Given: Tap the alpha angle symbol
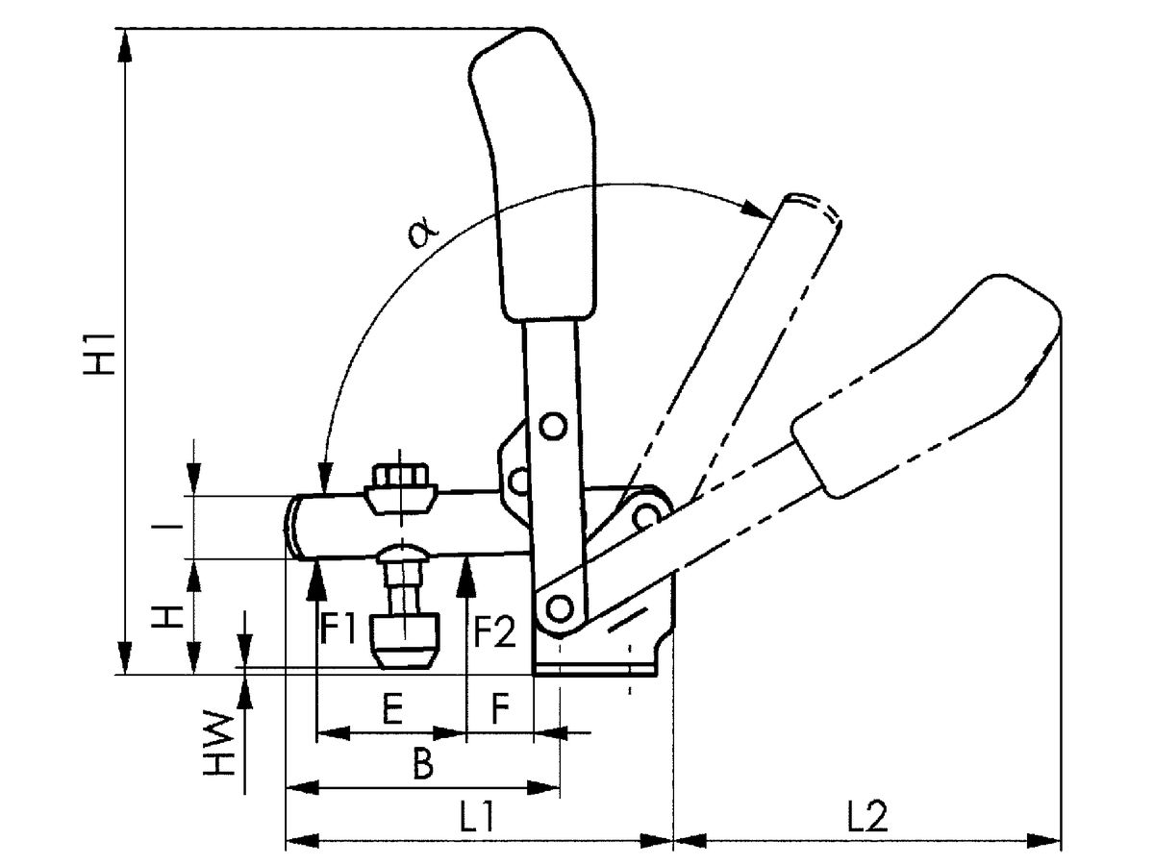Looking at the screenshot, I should tap(420, 231).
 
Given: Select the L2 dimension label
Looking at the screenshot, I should tap(867, 817).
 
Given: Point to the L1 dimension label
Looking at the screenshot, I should tap(476, 817).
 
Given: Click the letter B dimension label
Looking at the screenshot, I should tap(422, 765).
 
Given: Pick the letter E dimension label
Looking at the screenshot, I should tap(390, 712).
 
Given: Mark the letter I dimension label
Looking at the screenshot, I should tap(168, 526).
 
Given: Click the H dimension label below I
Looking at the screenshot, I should tap(169, 616).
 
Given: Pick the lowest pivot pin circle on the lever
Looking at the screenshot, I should tap(557, 606).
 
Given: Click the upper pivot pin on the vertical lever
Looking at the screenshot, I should tap(552, 426).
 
